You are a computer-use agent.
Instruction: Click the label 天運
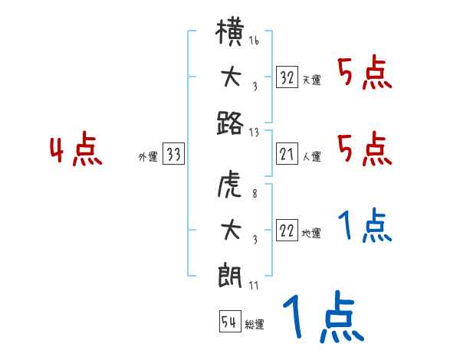coord(311,80)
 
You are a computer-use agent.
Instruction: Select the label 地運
coord(311,233)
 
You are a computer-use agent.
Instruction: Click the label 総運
coord(255,324)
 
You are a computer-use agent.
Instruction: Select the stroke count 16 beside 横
coord(254,41)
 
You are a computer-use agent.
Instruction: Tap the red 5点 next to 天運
coord(364,74)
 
